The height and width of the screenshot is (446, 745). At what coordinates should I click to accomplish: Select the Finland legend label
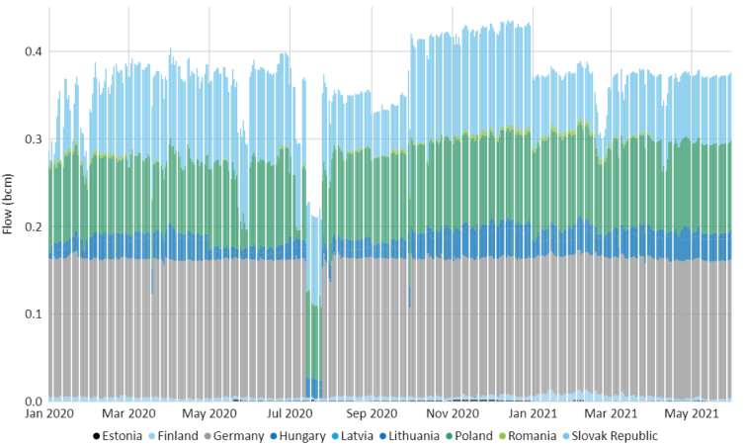[x=177, y=435]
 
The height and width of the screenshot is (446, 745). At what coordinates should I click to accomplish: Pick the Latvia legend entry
[x=358, y=435]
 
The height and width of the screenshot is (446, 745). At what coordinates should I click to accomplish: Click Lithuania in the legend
[x=415, y=435]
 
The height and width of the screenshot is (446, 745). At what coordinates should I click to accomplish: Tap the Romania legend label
[x=539, y=435]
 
